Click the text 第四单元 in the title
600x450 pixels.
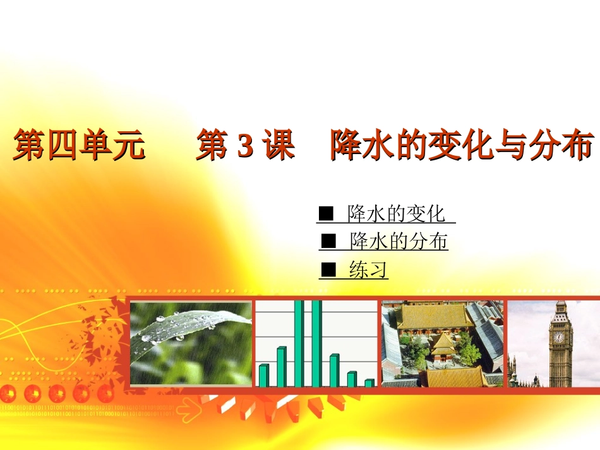pos(79,146)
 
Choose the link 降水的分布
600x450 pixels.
pos(399,242)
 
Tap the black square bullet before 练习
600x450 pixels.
pos(328,270)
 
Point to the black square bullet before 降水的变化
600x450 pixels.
pos(326,215)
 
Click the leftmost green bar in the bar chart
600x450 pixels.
pos(264,375)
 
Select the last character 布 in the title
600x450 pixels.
pos(579,146)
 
